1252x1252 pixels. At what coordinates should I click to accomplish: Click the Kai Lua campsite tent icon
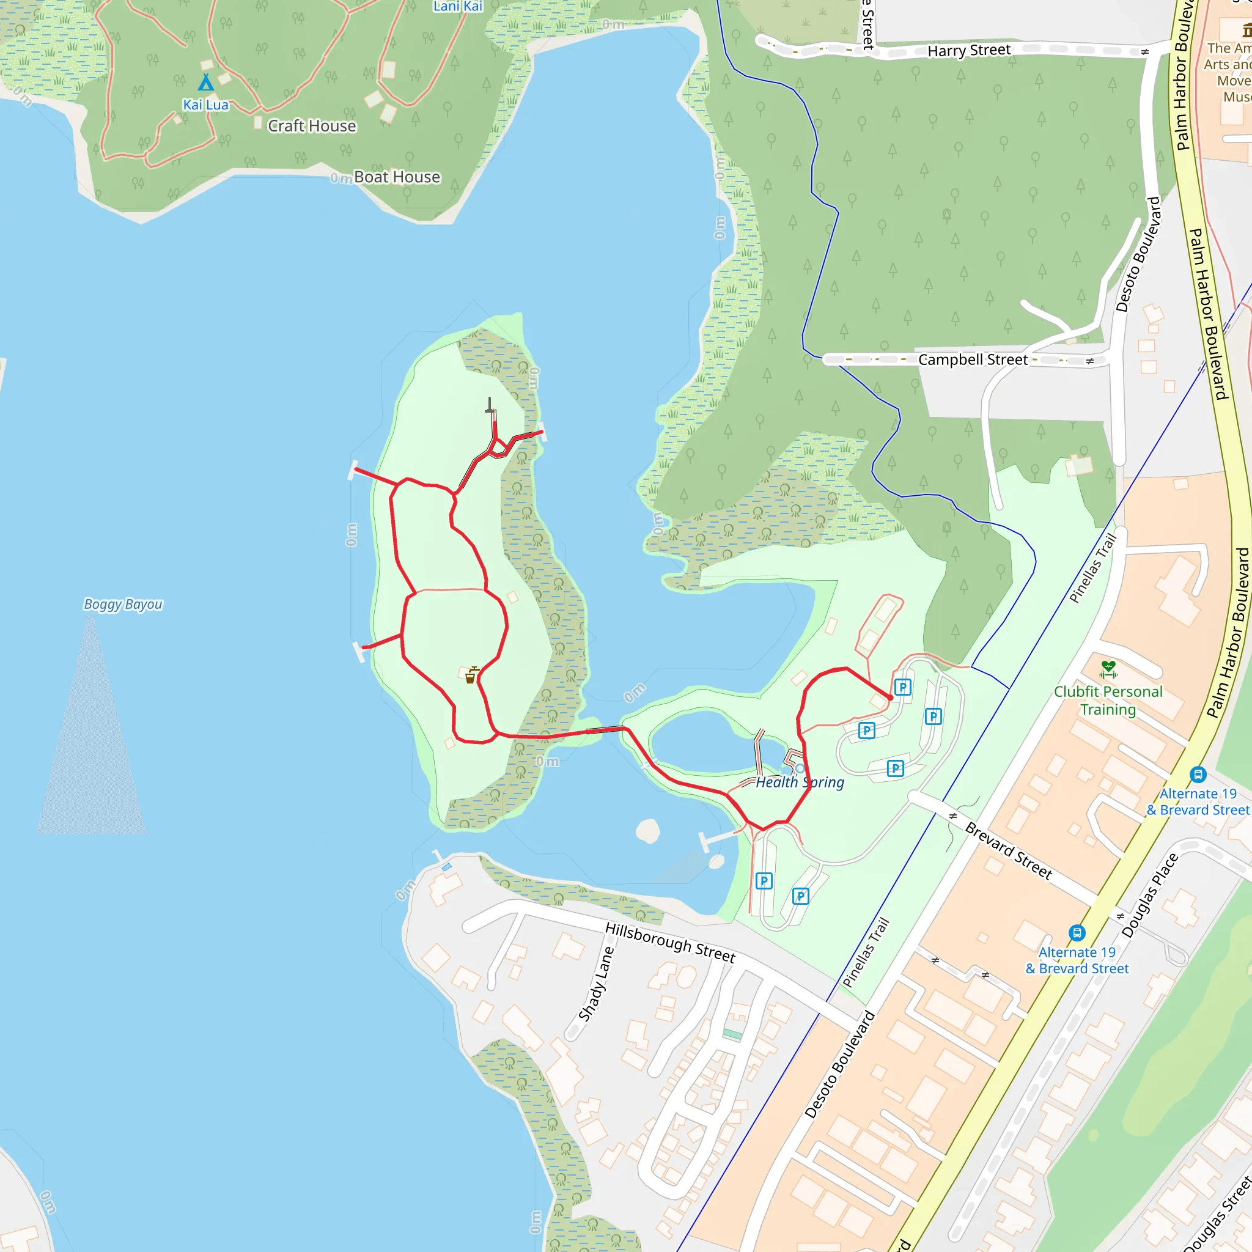point(205,83)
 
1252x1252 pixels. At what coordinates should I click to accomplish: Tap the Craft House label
point(312,126)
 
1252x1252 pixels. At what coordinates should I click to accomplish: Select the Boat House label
point(397,177)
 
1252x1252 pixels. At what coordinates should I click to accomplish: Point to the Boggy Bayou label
point(123,604)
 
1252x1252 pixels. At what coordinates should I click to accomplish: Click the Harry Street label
point(969,51)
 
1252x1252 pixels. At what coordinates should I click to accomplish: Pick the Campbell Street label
point(973,359)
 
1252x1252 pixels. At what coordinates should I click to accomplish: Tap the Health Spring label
point(800,782)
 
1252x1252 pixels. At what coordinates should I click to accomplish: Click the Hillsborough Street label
point(670,942)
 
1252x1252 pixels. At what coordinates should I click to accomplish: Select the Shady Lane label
point(595,984)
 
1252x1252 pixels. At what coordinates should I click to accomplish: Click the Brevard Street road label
point(1008,850)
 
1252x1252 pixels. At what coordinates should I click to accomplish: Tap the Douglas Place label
point(1150,896)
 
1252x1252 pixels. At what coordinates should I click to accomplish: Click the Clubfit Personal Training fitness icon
point(1109,668)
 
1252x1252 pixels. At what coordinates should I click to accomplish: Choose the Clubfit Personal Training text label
point(1108,701)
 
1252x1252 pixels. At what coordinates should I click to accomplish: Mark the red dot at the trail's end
point(889,698)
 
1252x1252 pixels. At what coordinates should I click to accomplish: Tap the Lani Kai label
point(457,7)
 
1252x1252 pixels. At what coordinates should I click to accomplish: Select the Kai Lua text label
point(205,105)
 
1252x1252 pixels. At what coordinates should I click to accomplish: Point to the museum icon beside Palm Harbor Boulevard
point(1247,30)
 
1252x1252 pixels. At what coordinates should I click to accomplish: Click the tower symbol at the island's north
point(490,406)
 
